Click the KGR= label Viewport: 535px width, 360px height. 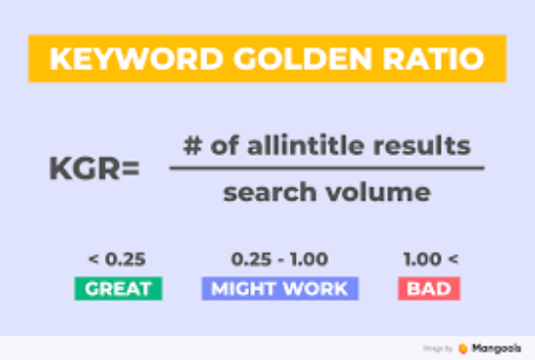tap(93, 169)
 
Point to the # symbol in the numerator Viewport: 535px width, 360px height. tap(192, 146)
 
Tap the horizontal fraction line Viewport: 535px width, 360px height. tap(327, 168)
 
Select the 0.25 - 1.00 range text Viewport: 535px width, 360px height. tap(280, 260)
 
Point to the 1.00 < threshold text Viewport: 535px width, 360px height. tap(428, 260)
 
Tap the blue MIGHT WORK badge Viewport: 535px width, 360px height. tap(280, 288)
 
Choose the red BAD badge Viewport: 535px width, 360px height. tap(428, 288)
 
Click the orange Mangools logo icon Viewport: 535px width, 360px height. tap(462, 346)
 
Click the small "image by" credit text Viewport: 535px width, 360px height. tap(437, 346)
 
